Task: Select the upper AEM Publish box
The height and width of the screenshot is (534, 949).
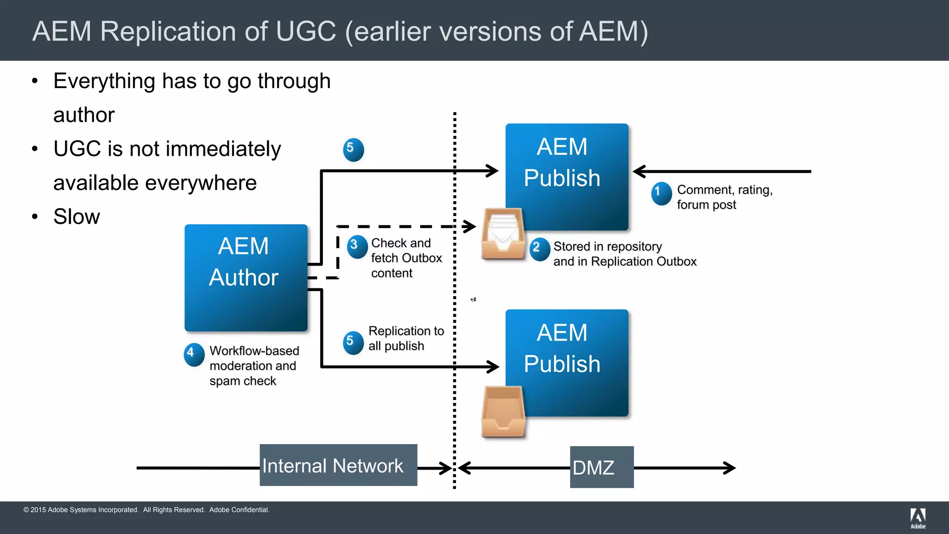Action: [x=567, y=176]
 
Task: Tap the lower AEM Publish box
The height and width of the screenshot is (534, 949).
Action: [x=567, y=362]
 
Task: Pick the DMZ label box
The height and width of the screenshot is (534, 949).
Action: [x=601, y=467]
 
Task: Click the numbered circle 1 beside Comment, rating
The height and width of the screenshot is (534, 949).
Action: [x=661, y=193]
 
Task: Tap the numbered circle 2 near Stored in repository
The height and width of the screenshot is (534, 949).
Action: [x=539, y=249]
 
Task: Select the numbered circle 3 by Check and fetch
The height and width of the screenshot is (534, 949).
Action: [x=357, y=246]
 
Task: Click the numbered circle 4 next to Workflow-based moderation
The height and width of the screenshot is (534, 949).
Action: [x=194, y=355]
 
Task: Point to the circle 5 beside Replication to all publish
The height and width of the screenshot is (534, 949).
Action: [x=353, y=343]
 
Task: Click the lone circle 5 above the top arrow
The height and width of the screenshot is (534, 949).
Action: [x=353, y=150]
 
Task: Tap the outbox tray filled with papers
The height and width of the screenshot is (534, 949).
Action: [x=503, y=234]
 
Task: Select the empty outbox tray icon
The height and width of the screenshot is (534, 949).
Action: [x=503, y=412]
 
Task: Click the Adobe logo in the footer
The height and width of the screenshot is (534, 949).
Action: [x=917, y=518]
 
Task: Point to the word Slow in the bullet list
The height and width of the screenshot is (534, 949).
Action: [x=76, y=216]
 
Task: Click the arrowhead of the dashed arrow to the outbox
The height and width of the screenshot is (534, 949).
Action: [x=470, y=226]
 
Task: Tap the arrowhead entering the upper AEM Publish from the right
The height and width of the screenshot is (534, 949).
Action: [x=639, y=172]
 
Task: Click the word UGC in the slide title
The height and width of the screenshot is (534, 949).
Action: [x=305, y=32]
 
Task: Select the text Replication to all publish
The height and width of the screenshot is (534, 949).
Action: [x=405, y=338]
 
